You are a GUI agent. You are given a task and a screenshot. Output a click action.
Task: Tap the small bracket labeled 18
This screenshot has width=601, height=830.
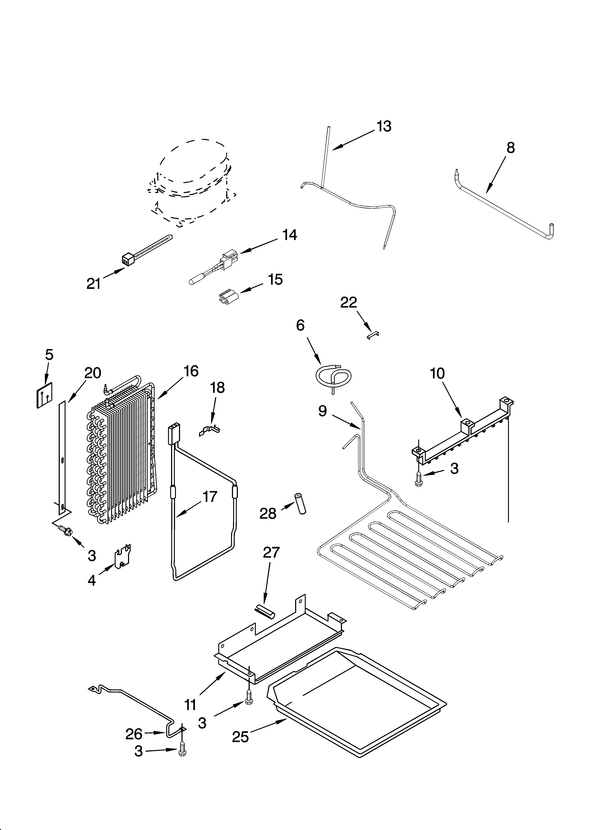209,430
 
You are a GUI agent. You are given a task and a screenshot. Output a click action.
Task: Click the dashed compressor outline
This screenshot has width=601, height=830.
192,183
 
